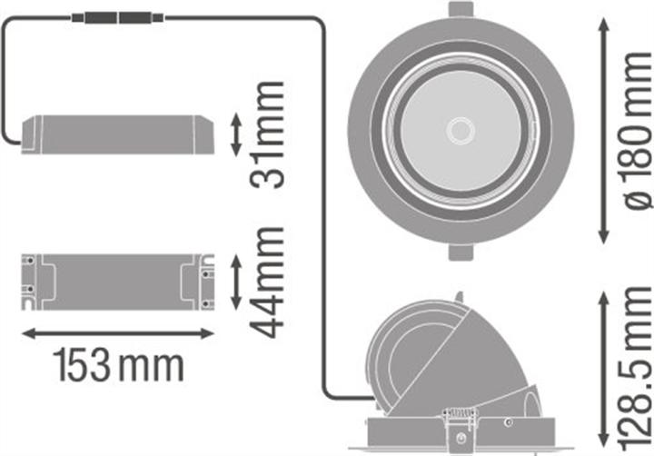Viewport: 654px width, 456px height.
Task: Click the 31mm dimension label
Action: point(267,134)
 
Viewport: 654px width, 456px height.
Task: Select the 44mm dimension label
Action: point(268,283)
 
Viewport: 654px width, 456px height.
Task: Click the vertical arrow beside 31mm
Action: point(236,134)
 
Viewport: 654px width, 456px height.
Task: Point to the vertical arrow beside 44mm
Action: point(236,283)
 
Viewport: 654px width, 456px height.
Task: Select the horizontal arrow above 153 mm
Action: point(118,334)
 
